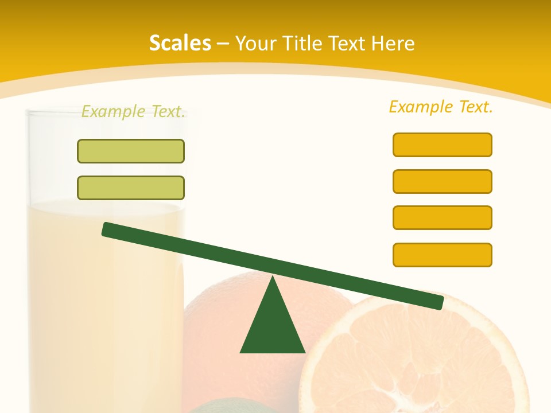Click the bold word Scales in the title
(180, 43)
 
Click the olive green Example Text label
(133, 111)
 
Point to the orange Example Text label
(441, 107)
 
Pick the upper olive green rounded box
(131, 151)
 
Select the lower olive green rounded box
(131, 188)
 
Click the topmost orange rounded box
(443, 145)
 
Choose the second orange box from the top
(443, 181)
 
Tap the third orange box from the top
(443, 217)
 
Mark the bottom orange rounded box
(443, 255)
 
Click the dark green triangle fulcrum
(273, 327)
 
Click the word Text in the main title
(350, 43)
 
